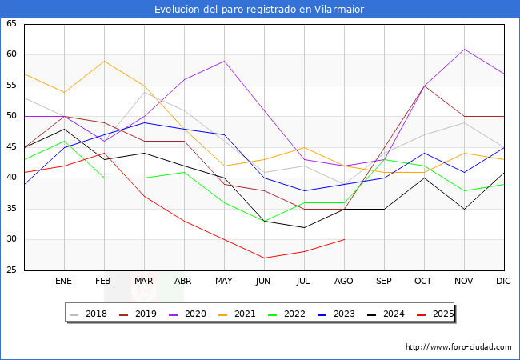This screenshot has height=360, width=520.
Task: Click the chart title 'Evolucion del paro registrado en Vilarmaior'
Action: pyautogui.click(x=260, y=9)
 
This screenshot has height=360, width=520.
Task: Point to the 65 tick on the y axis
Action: pyautogui.click(x=11, y=24)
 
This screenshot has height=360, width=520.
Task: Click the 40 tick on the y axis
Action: pyautogui.click(x=11, y=178)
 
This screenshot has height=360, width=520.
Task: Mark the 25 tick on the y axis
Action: pyautogui.click(x=11, y=270)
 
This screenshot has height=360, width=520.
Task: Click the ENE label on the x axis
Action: pyautogui.click(x=64, y=282)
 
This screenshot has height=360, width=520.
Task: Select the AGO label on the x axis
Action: pyautogui.click(x=344, y=282)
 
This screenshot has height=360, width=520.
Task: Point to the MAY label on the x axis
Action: pyautogui.click(x=224, y=282)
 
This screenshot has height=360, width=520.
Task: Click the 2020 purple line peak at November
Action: pyautogui.click(x=464, y=49)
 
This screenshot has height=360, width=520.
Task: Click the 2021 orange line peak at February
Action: pyautogui.click(x=104, y=61)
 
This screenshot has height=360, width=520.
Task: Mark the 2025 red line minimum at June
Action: pyautogui.click(x=264, y=258)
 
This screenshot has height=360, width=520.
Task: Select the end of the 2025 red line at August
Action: pyautogui.click(x=344, y=239)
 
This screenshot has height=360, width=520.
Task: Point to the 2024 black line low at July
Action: pyautogui.click(x=304, y=227)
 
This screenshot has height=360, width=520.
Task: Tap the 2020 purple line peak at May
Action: pyautogui.click(x=224, y=61)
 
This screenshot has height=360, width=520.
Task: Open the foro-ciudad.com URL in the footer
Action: pyautogui.click(x=458, y=347)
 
